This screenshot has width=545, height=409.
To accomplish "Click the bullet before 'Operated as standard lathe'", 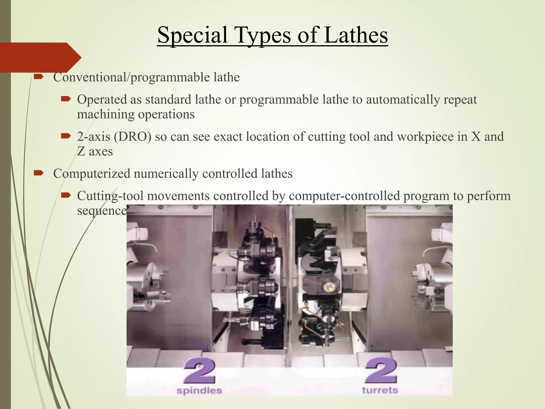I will pyautogui.click(x=65, y=99).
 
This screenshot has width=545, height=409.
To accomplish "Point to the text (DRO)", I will pyautogui.click(x=133, y=137).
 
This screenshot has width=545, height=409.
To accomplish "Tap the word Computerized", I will pyautogui.click(x=92, y=174).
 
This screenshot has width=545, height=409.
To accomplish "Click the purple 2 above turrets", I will pyautogui.click(x=381, y=371).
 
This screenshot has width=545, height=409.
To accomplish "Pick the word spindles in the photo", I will pyautogui.click(x=199, y=391).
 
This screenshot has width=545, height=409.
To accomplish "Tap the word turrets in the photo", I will pyautogui.click(x=380, y=390).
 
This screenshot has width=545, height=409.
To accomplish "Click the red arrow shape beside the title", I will pyautogui.click(x=40, y=57).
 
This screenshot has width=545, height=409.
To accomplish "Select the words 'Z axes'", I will pyautogui.click(x=95, y=152).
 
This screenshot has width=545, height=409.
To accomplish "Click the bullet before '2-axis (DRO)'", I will pyautogui.click(x=65, y=136).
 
